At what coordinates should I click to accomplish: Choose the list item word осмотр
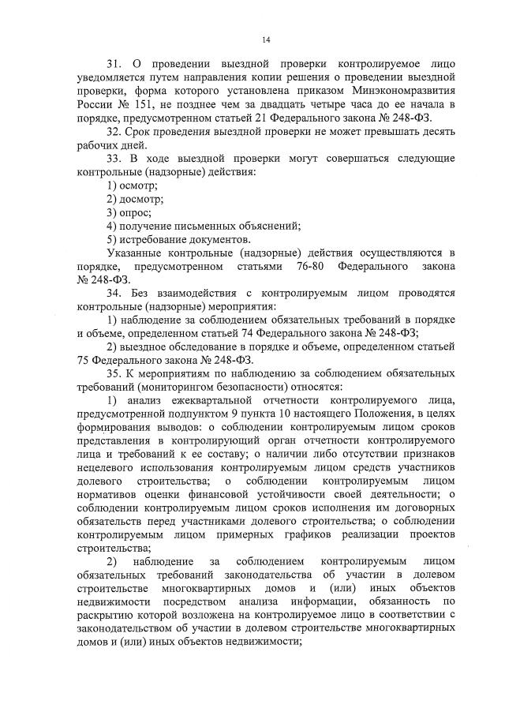point(139,186)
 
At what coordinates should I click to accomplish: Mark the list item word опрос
point(136,213)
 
